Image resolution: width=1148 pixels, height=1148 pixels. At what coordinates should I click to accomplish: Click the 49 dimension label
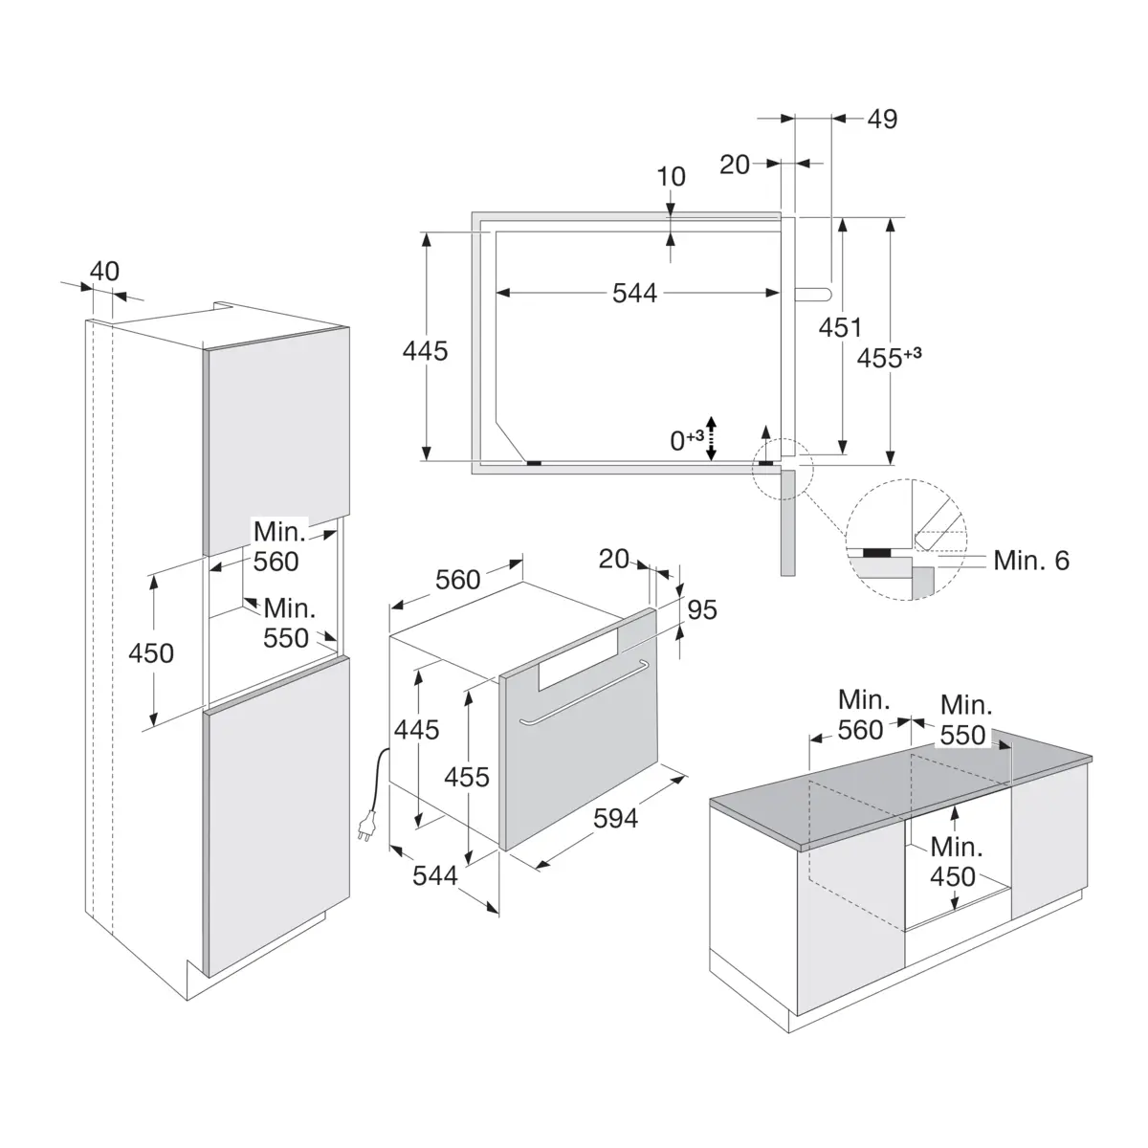(x=882, y=120)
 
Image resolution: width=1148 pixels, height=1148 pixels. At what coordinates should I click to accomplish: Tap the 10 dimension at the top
(x=671, y=176)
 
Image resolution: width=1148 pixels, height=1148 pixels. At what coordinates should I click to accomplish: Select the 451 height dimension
(x=840, y=328)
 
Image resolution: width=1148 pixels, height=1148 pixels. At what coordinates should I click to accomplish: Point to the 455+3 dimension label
(x=889, y=358)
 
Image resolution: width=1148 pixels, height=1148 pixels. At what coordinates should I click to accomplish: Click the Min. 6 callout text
(x=1031, y=561)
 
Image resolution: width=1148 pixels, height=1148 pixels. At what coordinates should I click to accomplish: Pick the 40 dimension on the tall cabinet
(x=104, y=272)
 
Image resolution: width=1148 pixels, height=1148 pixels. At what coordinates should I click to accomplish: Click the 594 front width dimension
(x=615, y=819)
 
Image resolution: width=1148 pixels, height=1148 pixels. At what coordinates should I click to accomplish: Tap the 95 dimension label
(x=702, y=609)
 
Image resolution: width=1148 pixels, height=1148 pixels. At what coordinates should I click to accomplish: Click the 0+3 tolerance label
(x=687, y=440)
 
